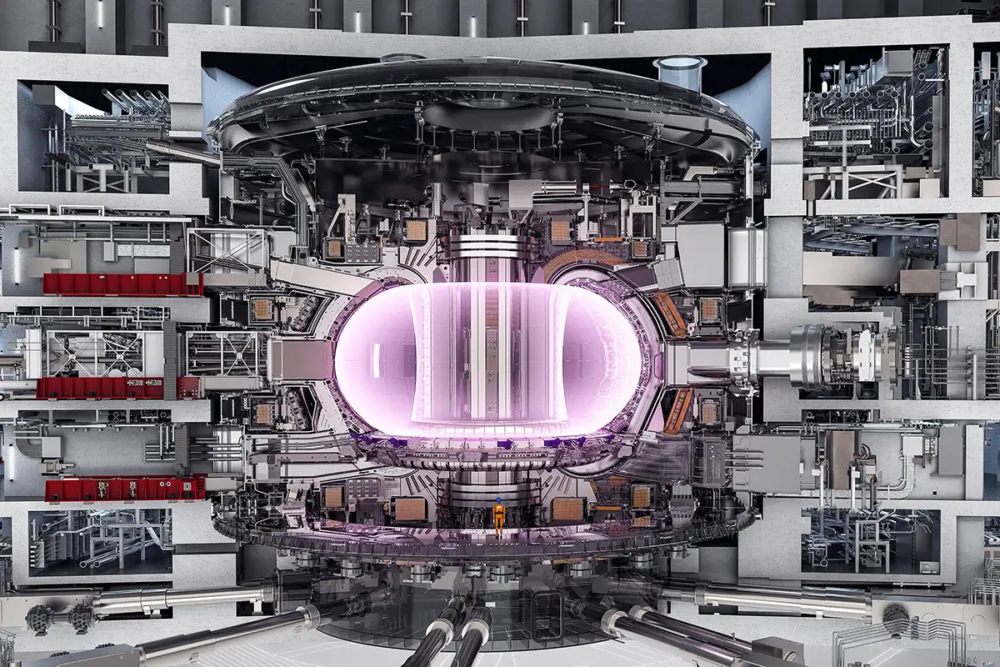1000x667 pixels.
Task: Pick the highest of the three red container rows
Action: [x=122, y=284]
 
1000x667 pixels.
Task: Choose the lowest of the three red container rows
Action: [x=125, y=489]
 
